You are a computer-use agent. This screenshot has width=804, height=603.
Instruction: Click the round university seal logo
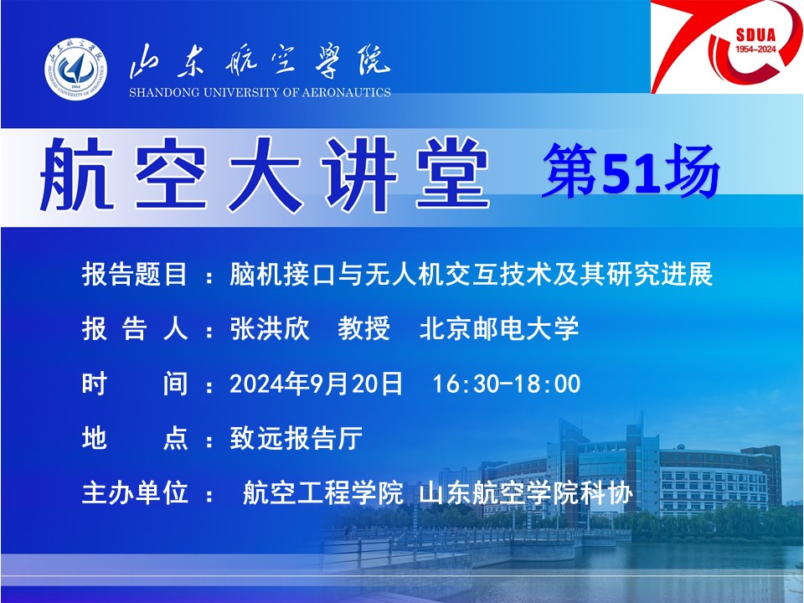[76, 69]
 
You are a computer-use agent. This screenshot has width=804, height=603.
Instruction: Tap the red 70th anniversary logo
[727, 47]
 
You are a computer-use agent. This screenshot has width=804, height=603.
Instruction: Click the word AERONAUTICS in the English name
[346, 93]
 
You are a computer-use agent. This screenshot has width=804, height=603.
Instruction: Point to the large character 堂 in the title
[453, 175]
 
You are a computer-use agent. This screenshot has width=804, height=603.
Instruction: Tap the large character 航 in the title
[77, 175]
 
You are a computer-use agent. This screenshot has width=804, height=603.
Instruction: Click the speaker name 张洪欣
[271, 328]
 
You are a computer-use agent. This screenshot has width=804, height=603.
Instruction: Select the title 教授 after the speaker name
[364, 328]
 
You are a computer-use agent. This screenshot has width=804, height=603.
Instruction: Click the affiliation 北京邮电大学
[499, 328]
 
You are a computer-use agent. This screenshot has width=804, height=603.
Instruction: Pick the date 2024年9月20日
[316, 384]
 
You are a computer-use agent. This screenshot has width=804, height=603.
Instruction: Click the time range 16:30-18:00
[507, 384]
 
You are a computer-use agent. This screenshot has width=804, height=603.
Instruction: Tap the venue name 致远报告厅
[296, 438]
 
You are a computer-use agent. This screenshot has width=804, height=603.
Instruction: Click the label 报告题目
[134, 274]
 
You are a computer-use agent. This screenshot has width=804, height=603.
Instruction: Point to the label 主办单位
[134, 492]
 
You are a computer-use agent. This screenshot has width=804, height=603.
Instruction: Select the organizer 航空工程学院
[322, 492]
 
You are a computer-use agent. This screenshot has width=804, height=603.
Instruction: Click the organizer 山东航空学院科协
[526, 492]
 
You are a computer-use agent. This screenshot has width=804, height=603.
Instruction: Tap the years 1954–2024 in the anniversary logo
[755, 49]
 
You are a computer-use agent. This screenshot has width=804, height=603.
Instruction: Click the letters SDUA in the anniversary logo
[755, 35]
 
